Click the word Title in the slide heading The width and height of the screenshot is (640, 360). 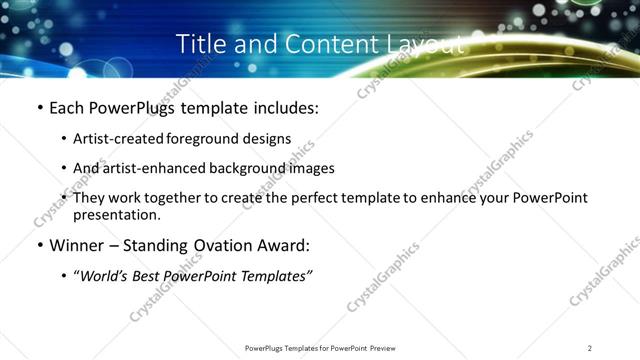coord(199,44)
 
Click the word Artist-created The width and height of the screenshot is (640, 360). coord(113,139)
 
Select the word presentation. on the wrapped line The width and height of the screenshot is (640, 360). coord(116,215)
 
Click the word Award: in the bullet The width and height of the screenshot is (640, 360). coord(281,246)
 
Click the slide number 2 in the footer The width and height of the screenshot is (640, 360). coord(589,347)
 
